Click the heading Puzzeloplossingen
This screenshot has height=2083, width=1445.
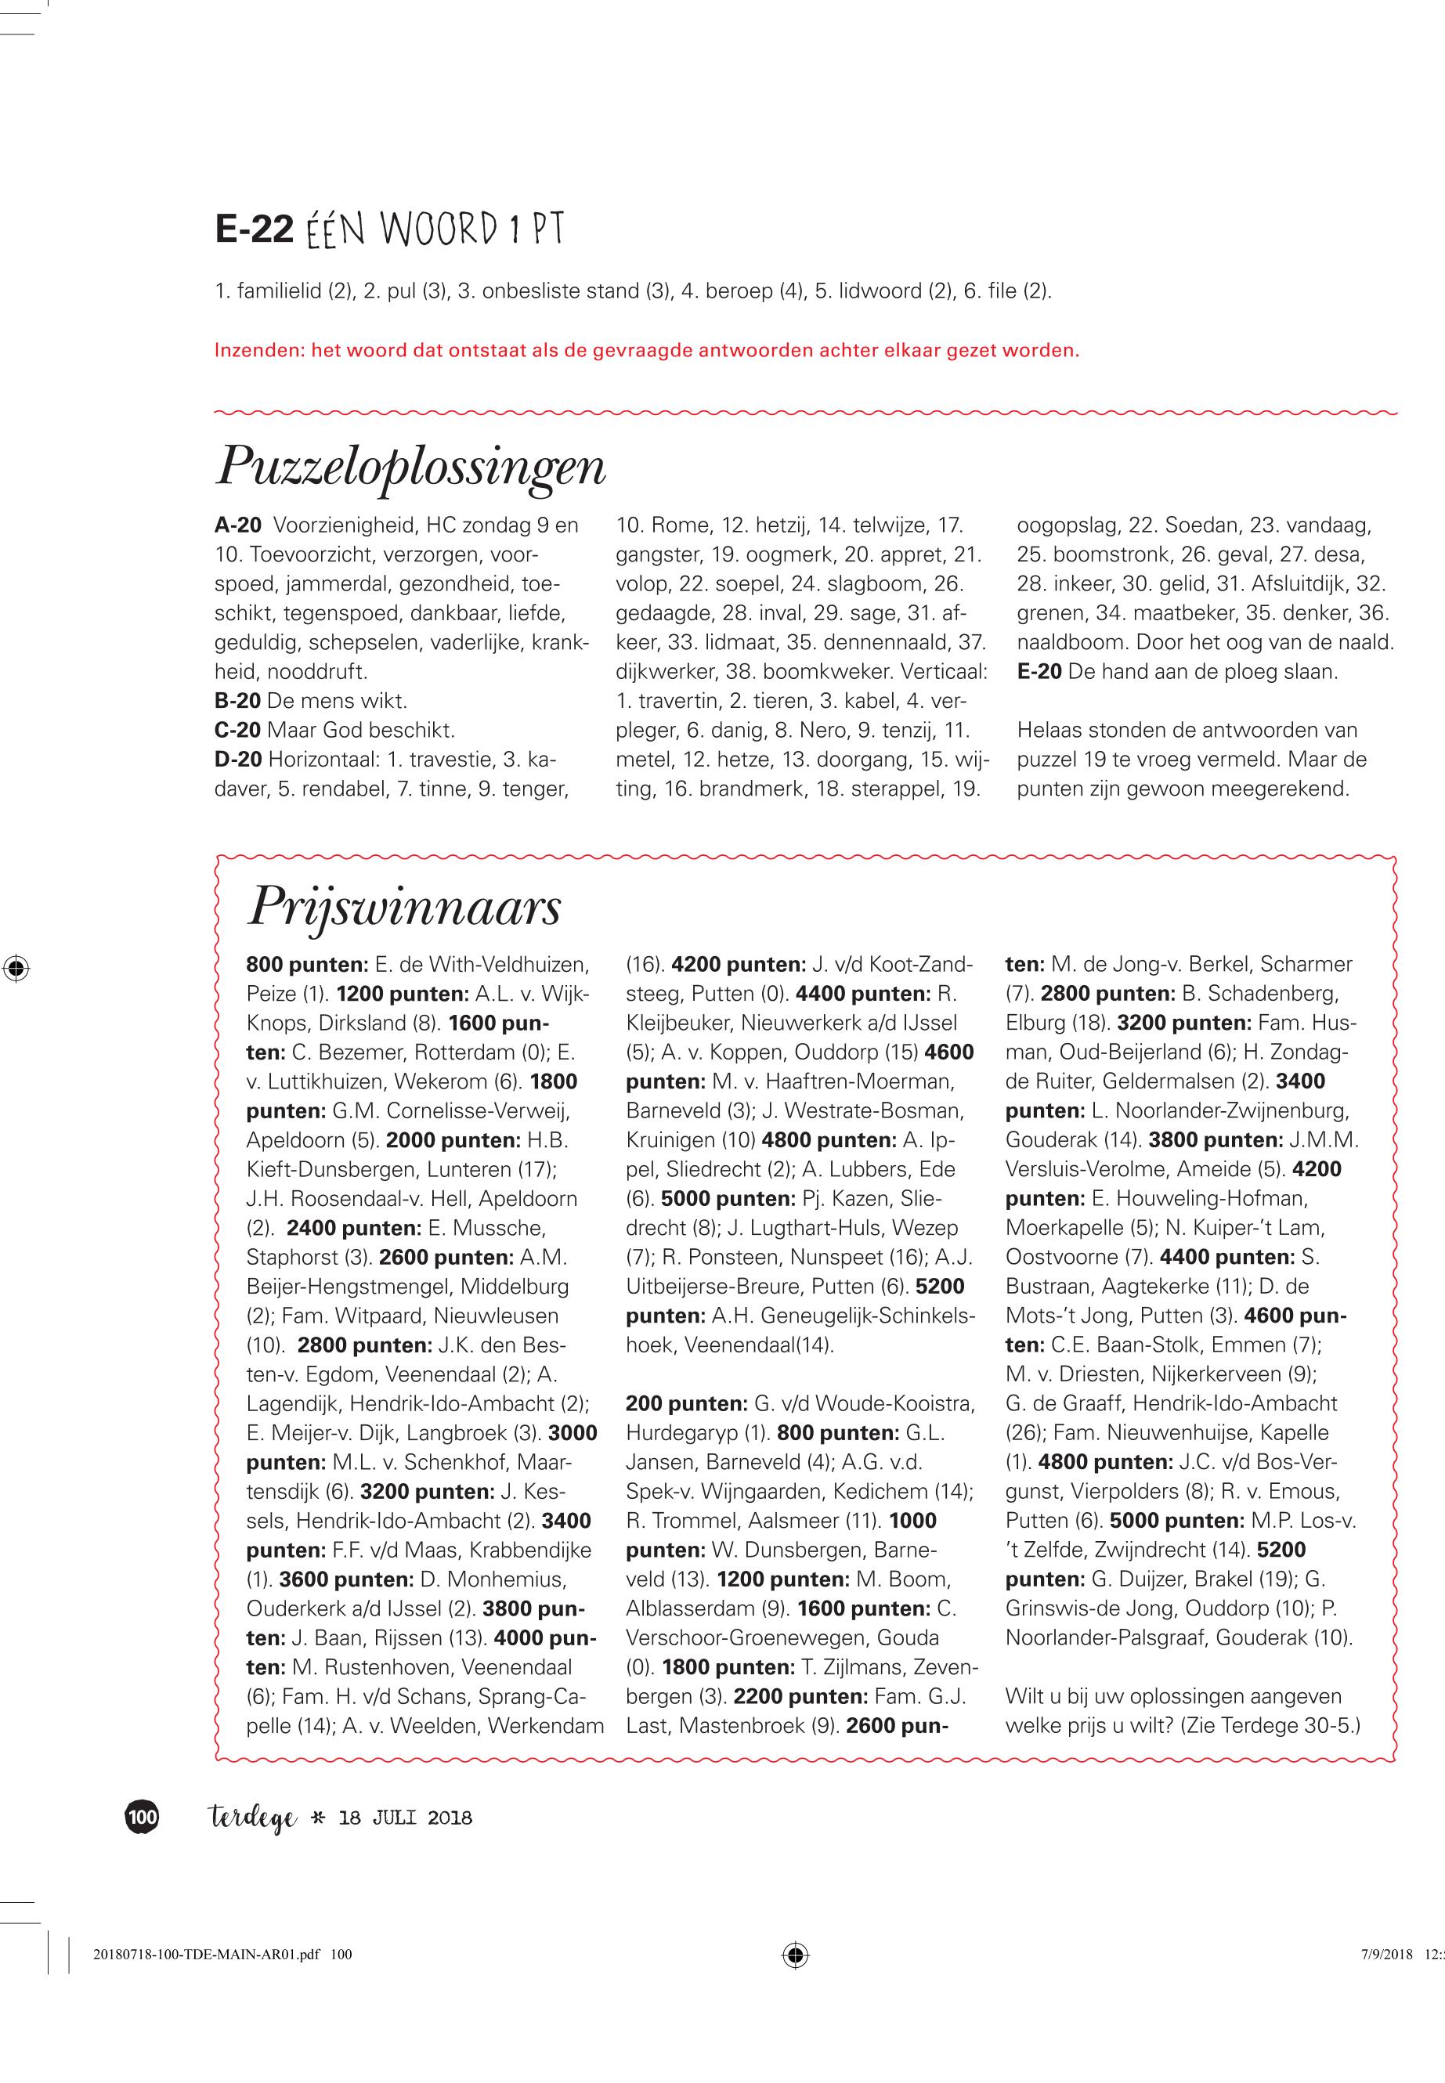410,468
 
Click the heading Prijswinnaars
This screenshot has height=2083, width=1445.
404,907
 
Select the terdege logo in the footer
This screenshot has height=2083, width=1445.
251,1818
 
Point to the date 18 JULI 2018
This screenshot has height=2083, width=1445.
405,1818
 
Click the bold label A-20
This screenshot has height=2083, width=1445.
237,525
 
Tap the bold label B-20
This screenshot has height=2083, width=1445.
237,701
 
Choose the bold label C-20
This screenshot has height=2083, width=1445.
237,730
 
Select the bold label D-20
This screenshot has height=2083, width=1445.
238,760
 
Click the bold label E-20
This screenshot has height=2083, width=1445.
1039,672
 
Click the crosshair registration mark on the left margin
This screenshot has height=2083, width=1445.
16,968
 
